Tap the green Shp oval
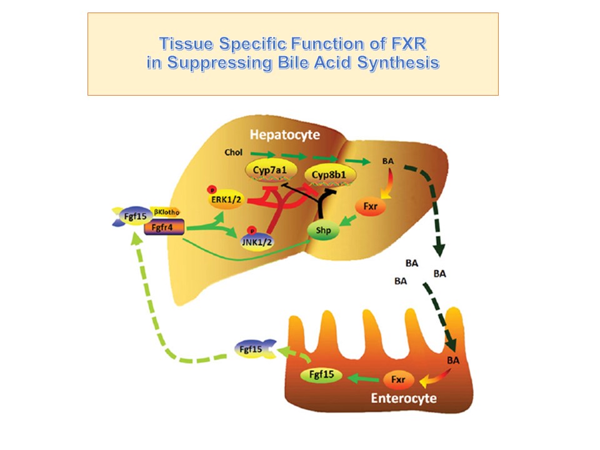(323, 231)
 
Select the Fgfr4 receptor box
(164, 229)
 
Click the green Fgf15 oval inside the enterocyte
(321, 376)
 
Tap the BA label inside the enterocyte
(454, 361)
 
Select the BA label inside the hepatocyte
(387, 161)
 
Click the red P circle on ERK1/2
(212, 189)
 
